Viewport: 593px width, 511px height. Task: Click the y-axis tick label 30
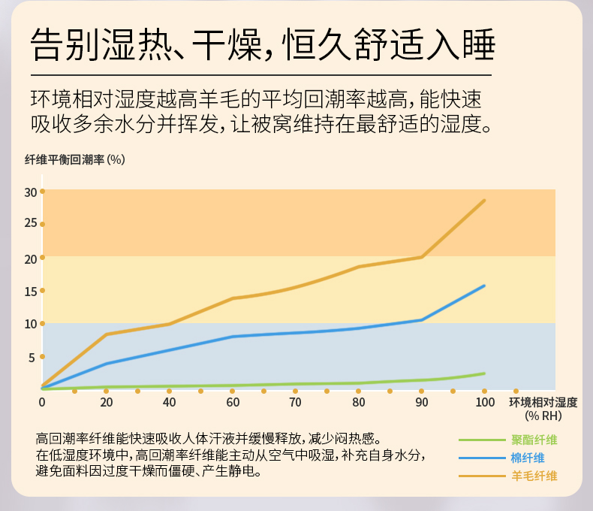30,192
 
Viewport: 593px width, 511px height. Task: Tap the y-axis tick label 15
30,292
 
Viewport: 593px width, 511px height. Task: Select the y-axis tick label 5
32,358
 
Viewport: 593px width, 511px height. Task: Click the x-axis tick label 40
169,403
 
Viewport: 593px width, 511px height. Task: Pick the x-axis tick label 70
296,403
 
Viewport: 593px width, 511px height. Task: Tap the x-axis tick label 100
485,403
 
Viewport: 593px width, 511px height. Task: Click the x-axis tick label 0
42,403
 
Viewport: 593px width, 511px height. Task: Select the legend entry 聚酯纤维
534,440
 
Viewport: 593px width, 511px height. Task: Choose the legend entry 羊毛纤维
534,476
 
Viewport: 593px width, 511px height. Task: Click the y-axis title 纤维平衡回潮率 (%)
74,159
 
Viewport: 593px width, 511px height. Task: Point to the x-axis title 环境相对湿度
543,403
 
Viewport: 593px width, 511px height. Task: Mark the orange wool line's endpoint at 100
485,201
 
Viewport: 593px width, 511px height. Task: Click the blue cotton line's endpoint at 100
485,286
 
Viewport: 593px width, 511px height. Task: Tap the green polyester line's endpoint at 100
485,373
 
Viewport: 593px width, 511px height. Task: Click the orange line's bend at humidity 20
106,334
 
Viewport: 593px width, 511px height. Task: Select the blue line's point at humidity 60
233,337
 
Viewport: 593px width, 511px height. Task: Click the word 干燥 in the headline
225,46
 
